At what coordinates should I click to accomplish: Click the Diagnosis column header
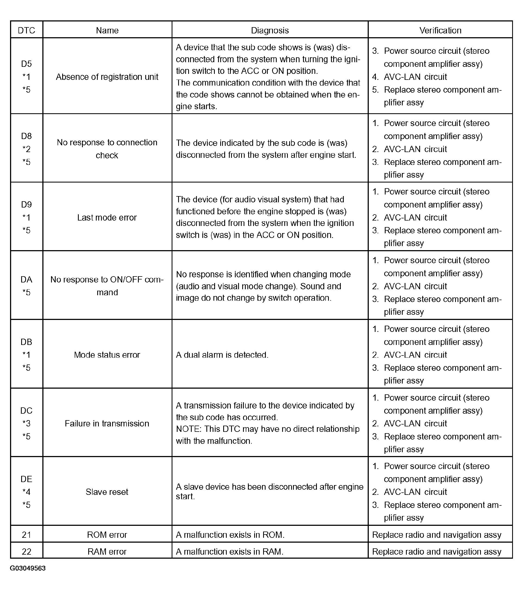pos(270,30)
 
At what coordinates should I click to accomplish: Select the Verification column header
pos(440,30)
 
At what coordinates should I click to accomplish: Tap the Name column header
pos(107,30)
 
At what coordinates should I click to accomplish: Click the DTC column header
pos(26,30)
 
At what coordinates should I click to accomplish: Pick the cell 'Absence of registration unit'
pos(107,77)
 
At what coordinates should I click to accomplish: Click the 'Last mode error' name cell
pos(107,218)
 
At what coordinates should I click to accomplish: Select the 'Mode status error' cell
pos(107,355)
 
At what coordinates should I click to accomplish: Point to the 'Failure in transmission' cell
pos(107,423)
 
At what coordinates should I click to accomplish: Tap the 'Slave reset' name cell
pos(107,492)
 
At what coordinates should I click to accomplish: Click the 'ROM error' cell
pos(107,535)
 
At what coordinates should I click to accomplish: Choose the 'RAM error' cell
pos(107,551)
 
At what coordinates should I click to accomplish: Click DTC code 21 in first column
pos(26,535)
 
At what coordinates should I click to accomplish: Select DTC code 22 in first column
pos(26,551)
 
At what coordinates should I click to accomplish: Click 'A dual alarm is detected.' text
pos(222,355)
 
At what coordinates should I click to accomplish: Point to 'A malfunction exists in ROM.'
pos(230,535)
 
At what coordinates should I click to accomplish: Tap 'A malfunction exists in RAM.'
pos(229,551)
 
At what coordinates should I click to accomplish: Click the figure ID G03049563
pos(28,568)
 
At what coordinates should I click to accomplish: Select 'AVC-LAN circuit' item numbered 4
pos(415,77)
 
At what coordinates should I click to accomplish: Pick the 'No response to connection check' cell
pos(107,149)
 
